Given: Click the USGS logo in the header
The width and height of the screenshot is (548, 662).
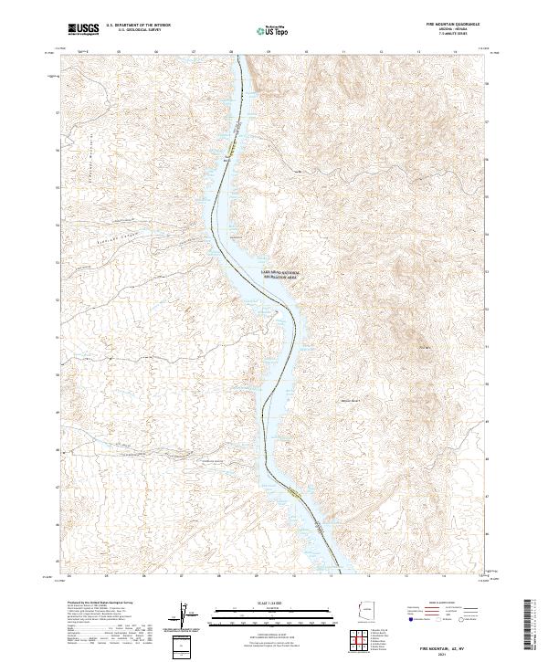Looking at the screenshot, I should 83,29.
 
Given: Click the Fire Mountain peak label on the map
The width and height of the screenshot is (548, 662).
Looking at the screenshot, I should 424,346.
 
